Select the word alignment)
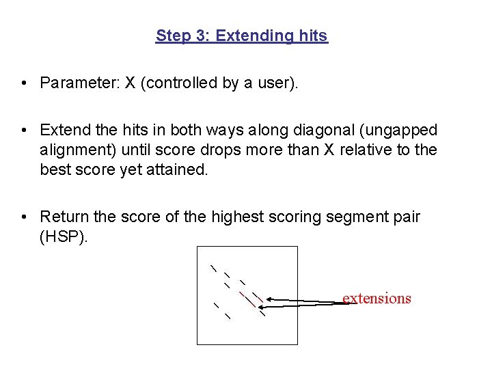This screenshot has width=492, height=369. click(81, 150)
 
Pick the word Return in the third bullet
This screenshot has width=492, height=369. click(64, 217)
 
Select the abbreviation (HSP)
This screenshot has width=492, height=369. click(64, 236)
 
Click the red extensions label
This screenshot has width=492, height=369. click(377, 298)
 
